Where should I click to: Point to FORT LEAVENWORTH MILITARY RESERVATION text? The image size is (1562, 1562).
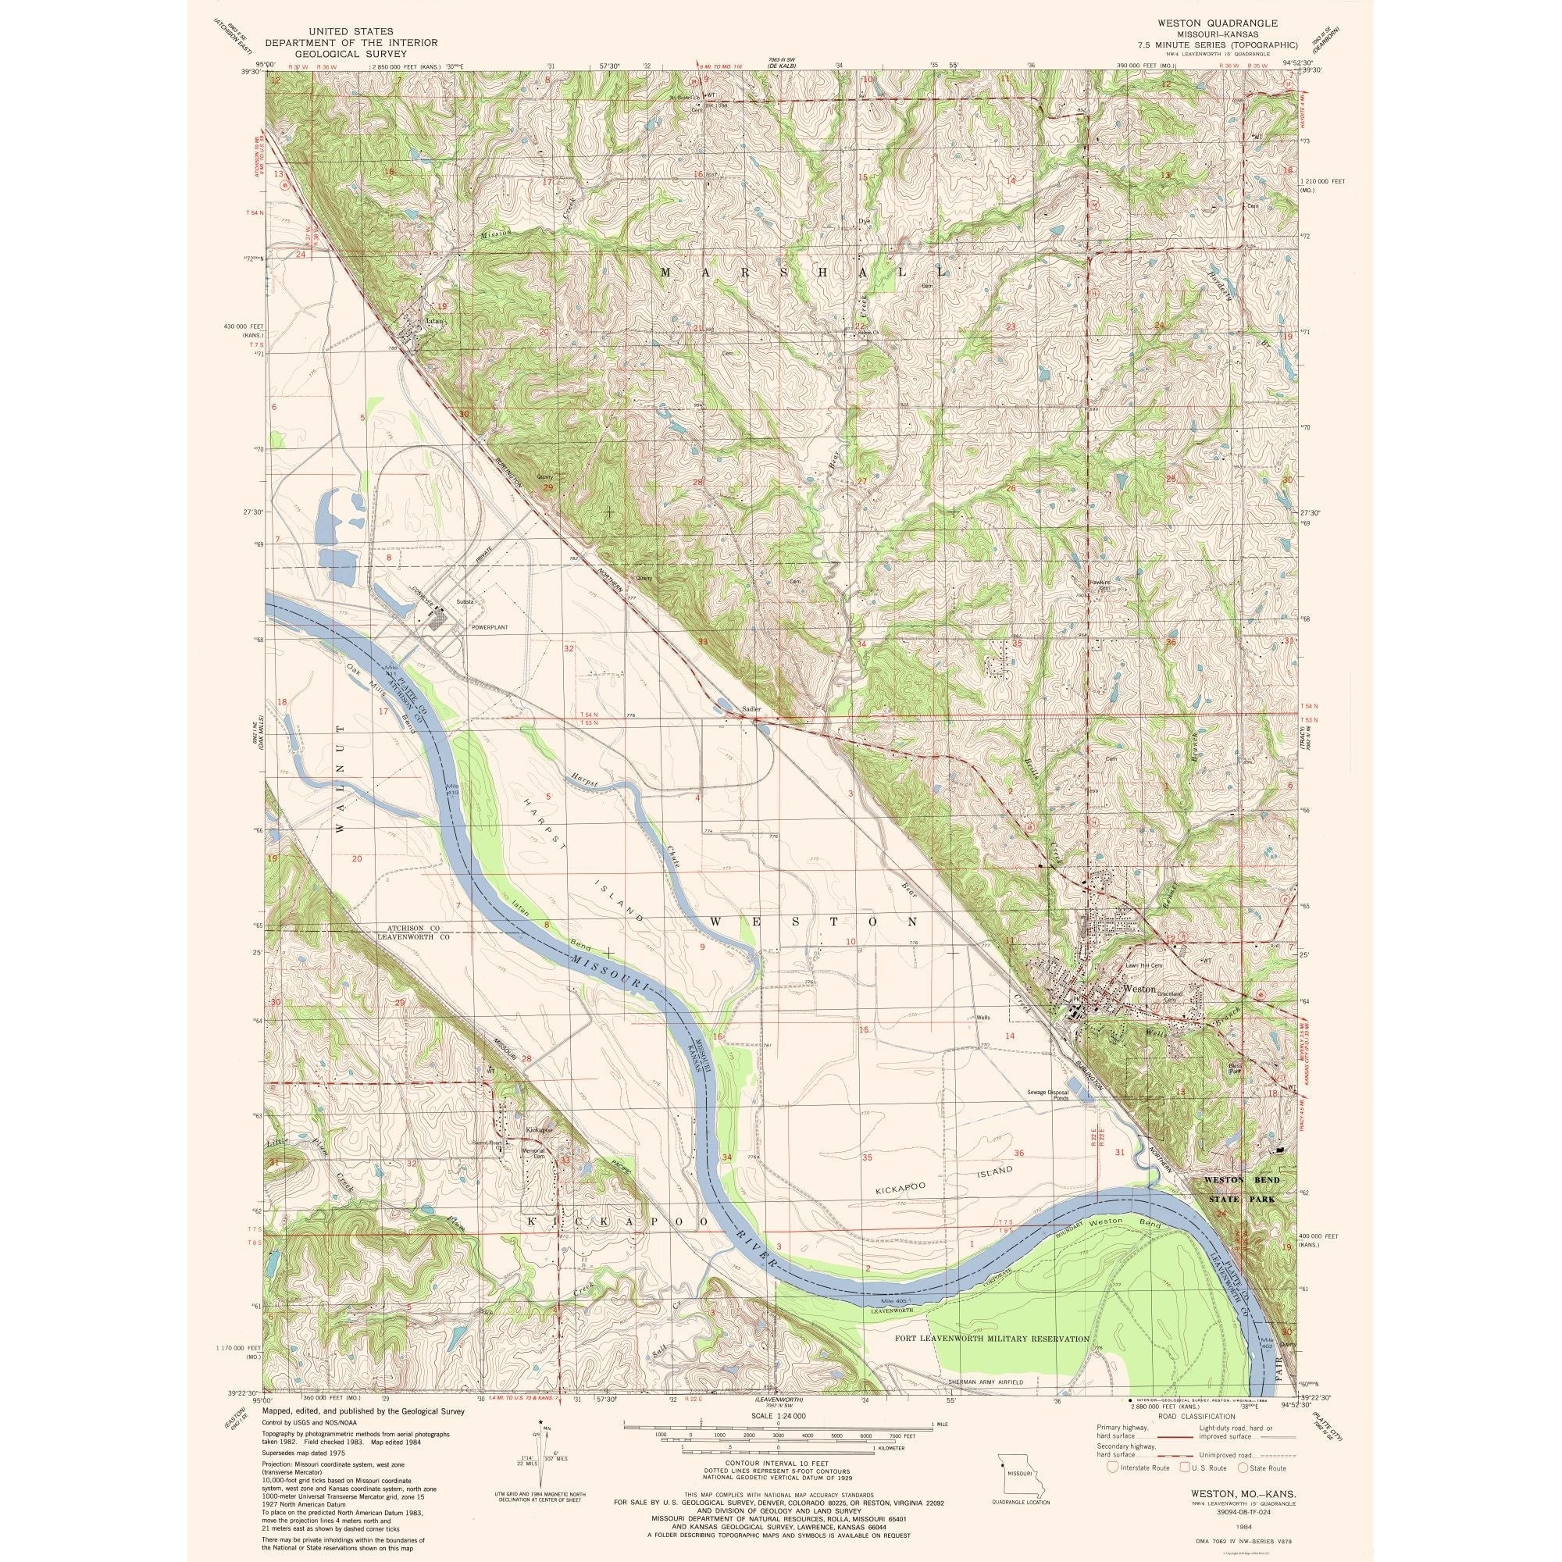[x=993, y=1339]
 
